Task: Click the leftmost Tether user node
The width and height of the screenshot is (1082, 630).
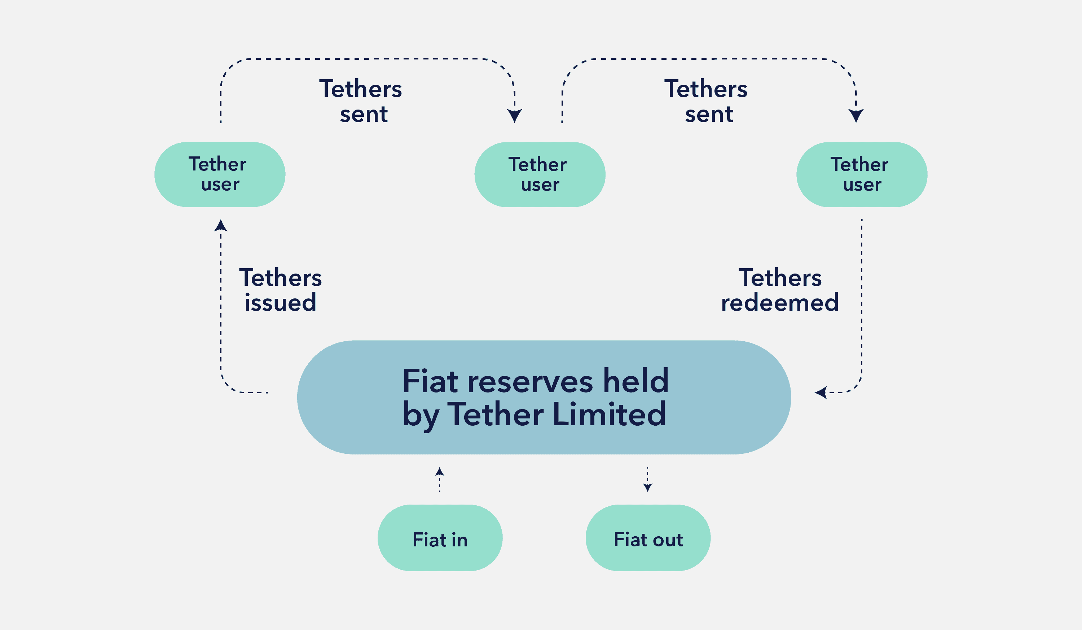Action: coord(220,175)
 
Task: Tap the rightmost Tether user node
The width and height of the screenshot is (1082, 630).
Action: coord(862,175)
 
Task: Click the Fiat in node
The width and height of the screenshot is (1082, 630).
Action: coord(440,538)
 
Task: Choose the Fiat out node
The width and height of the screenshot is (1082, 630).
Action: coord(648,538)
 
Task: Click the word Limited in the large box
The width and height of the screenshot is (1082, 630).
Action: coord(609,414)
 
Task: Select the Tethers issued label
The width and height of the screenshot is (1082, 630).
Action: coord(280,290)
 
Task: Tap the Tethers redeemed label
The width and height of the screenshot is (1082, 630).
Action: coord(780,290)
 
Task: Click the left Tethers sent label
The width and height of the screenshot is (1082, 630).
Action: coord(361,101)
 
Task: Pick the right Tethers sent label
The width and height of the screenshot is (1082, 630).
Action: coord(706,101)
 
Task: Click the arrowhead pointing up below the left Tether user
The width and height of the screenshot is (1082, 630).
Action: coord(221,225)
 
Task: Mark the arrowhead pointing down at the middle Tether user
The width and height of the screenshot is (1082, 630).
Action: coord(514,116)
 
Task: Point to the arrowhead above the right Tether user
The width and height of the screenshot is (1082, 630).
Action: coord(856,116)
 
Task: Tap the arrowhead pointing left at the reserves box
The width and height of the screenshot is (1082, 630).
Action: coord(821,392)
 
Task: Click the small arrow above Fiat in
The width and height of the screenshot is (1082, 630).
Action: coord(439,479)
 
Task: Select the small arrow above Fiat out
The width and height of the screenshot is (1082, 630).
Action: coord(647,479)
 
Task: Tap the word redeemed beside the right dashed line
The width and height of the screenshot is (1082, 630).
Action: coord(780,302)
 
